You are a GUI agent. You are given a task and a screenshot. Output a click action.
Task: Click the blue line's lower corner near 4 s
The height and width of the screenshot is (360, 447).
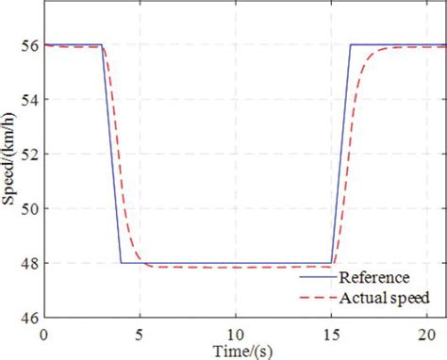[x=121, y=263]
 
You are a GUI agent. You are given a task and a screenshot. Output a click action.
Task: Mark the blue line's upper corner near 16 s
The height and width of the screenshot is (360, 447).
[x=351, y=44]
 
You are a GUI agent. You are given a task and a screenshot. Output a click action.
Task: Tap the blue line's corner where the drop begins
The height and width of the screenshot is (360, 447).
[x=102, y=44]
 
